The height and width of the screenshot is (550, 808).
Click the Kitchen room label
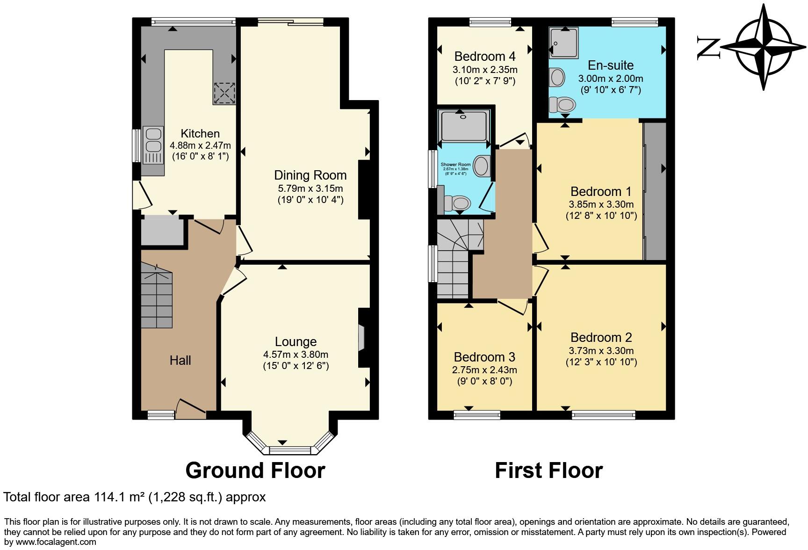click(x=200, y=134)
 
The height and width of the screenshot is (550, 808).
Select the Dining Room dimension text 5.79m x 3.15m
click(x=310, y=188)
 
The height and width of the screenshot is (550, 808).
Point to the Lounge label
click(x=296, y=342)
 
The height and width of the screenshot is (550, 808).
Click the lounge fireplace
click(x=362, y=337)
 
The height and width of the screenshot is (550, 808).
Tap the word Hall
click(x=180, y=360)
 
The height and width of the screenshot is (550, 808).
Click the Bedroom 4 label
click(x=484, y=57)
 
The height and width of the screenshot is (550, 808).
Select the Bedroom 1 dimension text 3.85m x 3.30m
click(x=601, y=204)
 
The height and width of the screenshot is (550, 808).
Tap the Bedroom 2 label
click(x=601, y=337)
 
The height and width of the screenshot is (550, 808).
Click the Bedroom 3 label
click(x=484, y=357)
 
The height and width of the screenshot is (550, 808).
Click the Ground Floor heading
click(x=255, y=470)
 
